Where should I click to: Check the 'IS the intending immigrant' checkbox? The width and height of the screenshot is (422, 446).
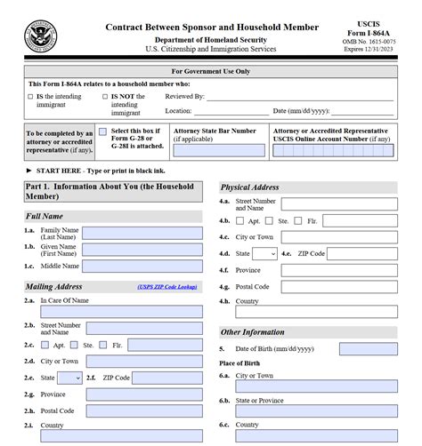(30, 95)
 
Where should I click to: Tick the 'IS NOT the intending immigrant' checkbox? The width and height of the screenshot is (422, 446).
(104, 95)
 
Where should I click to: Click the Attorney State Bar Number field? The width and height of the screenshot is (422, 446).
(218, 151)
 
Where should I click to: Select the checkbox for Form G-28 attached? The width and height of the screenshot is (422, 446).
(102, 131)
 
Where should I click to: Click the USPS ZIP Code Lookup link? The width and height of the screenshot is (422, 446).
(167, 287)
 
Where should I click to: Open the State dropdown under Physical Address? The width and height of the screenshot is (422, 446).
(265, 253)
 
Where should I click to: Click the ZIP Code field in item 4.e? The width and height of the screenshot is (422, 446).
(364, 253)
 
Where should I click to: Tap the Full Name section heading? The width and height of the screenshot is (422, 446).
(45, 216)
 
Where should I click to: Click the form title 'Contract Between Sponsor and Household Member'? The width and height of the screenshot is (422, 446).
(212, 28)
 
